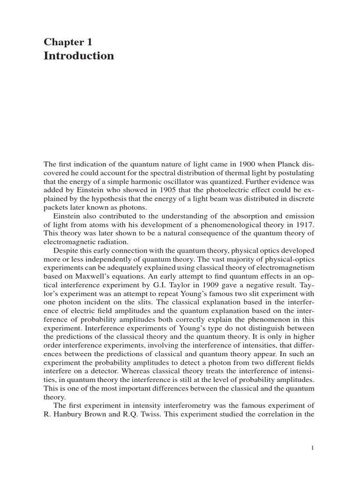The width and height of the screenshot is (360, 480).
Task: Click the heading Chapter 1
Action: [68, 42]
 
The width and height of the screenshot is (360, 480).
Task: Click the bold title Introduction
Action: [79, 56]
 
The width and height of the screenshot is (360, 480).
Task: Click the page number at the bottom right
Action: [313, 449]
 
